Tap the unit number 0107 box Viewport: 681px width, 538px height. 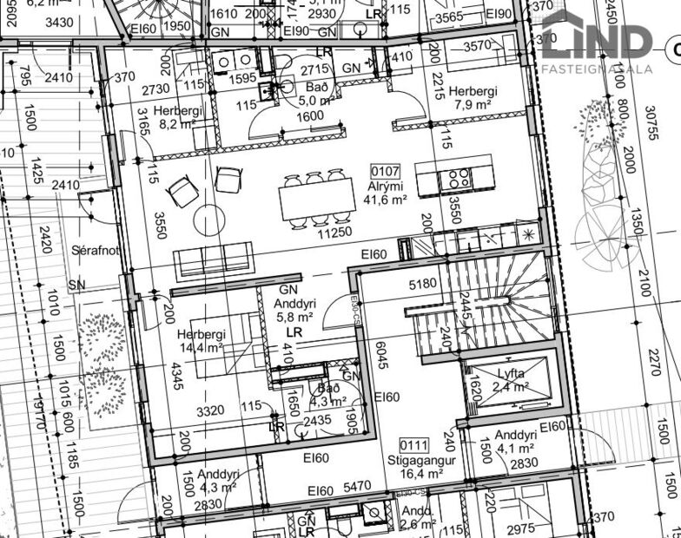click(386, 170)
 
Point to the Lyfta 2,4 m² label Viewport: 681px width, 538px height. click(512, 380)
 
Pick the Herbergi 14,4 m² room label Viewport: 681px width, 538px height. click(201, 341)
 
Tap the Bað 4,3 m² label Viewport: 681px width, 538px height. click(327, 395)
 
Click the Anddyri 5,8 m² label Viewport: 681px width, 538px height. click(293, 311)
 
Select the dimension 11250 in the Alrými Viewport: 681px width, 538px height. click(334, 233)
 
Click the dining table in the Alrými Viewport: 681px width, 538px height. click(315, 200)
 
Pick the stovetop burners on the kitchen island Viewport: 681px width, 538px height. click(458, 180)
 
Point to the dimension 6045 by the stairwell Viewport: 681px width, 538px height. click(380, 356)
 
